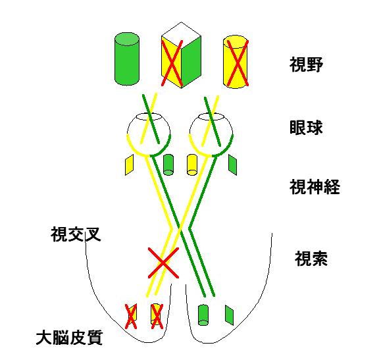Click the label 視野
(x=306, y=64)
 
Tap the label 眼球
(x=306, y=127)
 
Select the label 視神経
(x=315, y=187)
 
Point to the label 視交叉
(x=76, y=234)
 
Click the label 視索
(x=311, y=259)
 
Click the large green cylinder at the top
(x=127, y=59)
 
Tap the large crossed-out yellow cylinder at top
(x=236, y=62)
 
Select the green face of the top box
(x=191, y=62)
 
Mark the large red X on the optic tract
(x=163, y=263)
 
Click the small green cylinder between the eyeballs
(x=168, y=165)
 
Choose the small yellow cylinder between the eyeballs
(x=192, y=165)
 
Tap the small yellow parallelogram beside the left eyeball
(x=130, y=165)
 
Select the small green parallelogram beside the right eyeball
(x=232, y=165)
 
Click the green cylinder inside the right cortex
(x=203, y=315)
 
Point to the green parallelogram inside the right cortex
(x=229, y=315)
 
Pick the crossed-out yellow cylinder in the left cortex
(x=157, y=317)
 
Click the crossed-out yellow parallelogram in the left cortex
(x=131, y=317)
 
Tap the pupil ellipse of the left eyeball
(x=149, y=116)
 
